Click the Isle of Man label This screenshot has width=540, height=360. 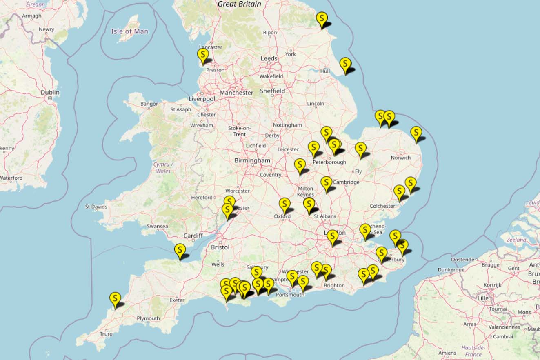(x=129, y=31)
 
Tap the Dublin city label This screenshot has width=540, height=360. (x=50, y=93)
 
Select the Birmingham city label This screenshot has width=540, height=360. (x=252, y=161)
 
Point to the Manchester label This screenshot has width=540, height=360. (x=236, y=93)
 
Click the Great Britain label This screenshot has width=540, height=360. (x=239, y=4)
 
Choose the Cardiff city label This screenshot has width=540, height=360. (x=193, y=236)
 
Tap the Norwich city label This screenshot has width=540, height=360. (x=400, y=158)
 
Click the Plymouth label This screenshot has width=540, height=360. (x=148, y=318)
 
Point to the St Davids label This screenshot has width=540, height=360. (x=96, y=207)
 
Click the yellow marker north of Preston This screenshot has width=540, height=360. (x=203, y=55)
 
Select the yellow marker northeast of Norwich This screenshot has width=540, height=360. (x=416, y=133)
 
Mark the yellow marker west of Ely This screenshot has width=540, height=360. (x=326, y=183)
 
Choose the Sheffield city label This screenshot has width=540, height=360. (x=272, y=91)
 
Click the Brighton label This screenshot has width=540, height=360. (x=334, y=286)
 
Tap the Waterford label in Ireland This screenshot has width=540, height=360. (x=11, y=178)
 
